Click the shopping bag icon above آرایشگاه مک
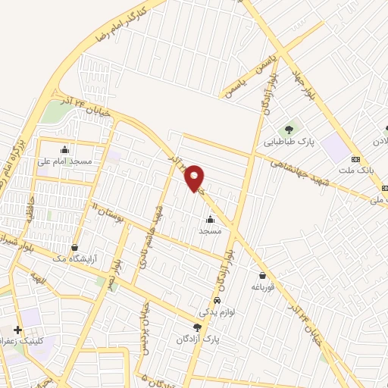(x=74, y=247)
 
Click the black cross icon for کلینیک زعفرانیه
(x=17, y=330)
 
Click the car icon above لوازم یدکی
(x=217, y=300)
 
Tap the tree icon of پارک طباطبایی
(x=286, y=128)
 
